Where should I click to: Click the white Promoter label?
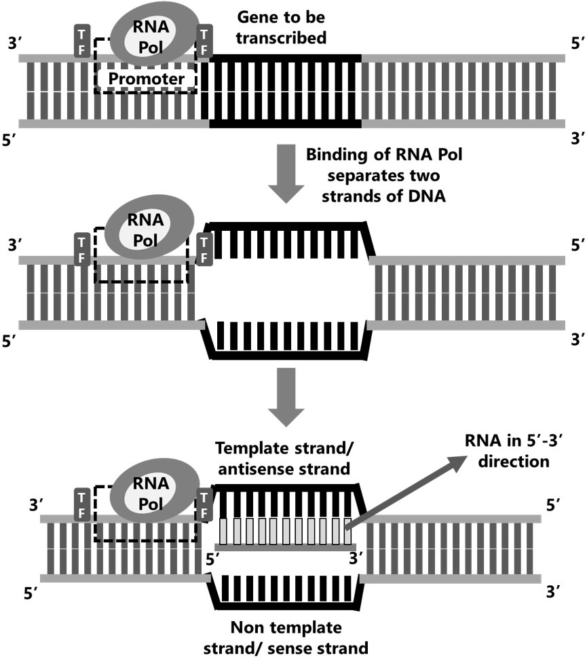pos(146,79)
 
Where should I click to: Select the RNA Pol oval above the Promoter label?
pos(154,35)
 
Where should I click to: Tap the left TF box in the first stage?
pos(82,41)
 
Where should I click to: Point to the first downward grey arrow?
pos(286,174)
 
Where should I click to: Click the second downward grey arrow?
pos(286,397)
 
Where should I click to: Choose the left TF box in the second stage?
pos(82,249)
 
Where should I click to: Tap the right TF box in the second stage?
pos(204,249)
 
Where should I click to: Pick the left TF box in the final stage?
pos(81,504)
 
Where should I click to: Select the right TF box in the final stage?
pos(204,504)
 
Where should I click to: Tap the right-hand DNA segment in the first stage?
pos(463,91)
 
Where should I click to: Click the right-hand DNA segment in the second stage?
pos(466,293)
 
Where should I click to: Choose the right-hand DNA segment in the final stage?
pos(451,549)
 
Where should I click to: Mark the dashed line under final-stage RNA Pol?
pos(147,541)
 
